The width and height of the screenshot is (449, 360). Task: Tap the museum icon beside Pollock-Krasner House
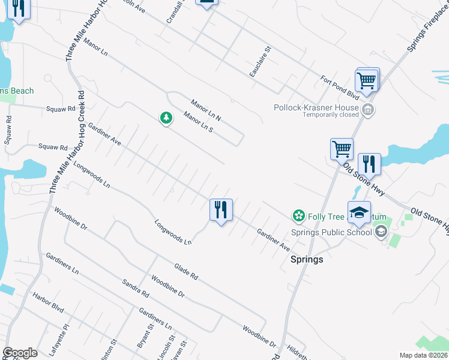pyautogui.click(x=369, y=109)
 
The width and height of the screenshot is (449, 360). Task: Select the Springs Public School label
pyautogui.click(x=331, y=233)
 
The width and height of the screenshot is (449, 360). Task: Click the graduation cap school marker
pyautogui.click(x=359, y=213)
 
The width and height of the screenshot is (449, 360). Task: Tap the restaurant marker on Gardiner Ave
pyautogui.click(x=221, y=210)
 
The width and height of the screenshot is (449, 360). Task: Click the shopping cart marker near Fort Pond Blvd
pyautogui.click(x=366, y=80)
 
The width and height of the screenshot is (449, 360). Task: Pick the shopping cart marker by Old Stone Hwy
pyautogui.click(x=342, y=149)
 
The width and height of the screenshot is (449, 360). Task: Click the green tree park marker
pyautogui.click(x=166, y=118)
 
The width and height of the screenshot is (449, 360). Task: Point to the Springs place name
pyautogui.click(x=307, y=259)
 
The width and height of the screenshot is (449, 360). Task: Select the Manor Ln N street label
pyautogui.click(x=206, y=109)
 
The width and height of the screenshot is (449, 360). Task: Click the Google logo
pyautogui.click(x=20, y=353)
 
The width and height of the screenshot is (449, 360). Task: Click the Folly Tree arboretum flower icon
pyautogui.click(x=298, y=215)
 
